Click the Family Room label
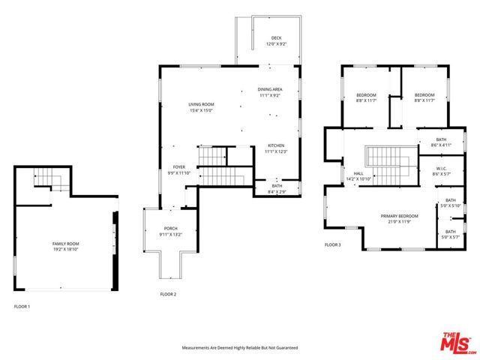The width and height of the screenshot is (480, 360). pyautogui.click(x=66, y=244)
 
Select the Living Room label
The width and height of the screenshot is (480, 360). pyautogui.click(x=201, y=104)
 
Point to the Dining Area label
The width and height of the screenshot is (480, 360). pyautogui.click(x=270, y=89)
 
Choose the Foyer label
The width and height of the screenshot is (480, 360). pyautogui.click(x=178, y=166)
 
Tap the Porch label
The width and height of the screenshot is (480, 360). pyautogui.click(x=171, y=229)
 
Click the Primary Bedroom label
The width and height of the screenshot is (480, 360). pyautogui.click(x=399, y=216)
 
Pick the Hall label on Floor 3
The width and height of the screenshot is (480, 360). pyautogui.click(x=349, y=174)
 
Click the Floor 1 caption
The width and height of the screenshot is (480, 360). pyautogui.click(x=22, y=307)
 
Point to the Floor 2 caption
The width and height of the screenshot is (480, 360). pyautogui.click(x=168, y=294)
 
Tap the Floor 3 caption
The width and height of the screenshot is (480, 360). pyautogui.click(x=332, y=244)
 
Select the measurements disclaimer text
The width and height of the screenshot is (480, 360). pyautogui.click(x=240, y=348)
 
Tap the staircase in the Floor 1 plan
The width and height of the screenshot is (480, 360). pyautogui.click(x=52, y=180)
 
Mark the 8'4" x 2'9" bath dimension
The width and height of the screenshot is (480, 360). pyautogui.click(x=277, y=191)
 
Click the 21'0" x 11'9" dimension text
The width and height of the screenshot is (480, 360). pyautogui.click(x=399, y=221)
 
